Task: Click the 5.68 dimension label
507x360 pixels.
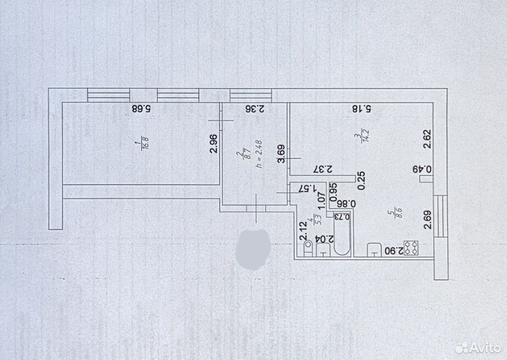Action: [141, 108]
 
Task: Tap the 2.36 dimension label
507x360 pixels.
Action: [255, 109]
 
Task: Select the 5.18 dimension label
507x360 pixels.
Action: [362, 109]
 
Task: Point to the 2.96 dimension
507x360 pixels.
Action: [214, 143]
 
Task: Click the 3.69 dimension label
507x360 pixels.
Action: [281, 154]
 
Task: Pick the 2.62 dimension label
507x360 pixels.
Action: [428, 139]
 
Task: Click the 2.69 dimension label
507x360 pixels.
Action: [428, 220]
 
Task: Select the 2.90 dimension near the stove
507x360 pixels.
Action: [393, 251]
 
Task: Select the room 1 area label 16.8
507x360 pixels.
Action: [146, 144]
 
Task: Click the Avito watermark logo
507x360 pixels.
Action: [478, 348]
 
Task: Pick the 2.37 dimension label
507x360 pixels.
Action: [323, 169]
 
